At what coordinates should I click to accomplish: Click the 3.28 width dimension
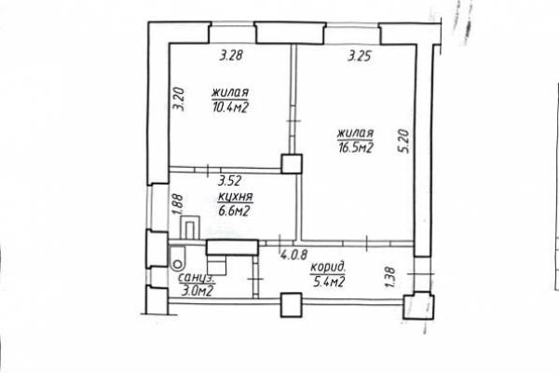point(231,55)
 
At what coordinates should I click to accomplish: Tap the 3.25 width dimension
point(360,56)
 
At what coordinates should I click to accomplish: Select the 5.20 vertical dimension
point(404,142)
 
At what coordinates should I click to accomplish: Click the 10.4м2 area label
point(230,107)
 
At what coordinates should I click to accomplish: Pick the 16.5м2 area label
point(356,147)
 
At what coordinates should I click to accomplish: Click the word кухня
point(236,197)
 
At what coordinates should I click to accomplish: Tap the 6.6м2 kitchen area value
point(234,212)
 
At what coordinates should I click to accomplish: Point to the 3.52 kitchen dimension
point(230,181)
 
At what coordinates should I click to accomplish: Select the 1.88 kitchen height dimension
point(178,204)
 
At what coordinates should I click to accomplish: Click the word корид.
point(328,268)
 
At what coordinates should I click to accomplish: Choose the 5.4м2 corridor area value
point(329,283)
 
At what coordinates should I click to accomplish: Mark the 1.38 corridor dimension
point(391,277)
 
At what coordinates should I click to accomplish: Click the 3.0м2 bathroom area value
point(198,291)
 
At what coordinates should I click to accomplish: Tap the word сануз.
point(196,278)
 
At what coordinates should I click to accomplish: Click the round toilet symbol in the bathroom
point(177,265)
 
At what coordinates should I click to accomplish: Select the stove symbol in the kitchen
point(190,227)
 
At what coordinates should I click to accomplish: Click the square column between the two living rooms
point(292,164)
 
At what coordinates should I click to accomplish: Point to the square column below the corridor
point(292,305)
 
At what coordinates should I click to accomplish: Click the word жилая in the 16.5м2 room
point(356,134)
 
